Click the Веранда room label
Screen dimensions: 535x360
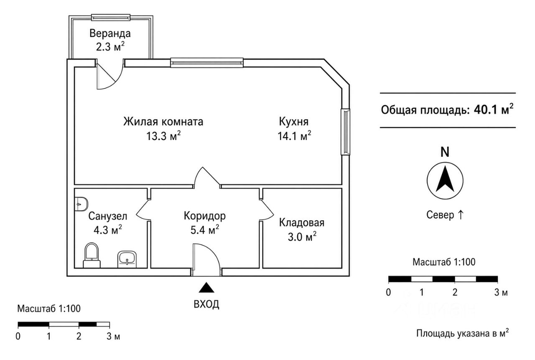110,33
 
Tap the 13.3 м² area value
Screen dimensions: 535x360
163,136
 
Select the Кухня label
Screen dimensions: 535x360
294,122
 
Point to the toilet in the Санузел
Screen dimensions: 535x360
92,255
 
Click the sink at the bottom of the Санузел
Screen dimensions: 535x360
127,259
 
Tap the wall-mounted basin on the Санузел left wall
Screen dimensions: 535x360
81,204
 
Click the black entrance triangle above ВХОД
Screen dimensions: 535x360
206,288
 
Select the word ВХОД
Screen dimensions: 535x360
206,304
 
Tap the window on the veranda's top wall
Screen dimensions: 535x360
111,18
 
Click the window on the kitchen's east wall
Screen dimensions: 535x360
345,132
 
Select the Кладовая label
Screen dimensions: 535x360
302,222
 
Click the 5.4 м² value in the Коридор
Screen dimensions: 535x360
205,230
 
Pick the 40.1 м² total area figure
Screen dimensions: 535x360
494,110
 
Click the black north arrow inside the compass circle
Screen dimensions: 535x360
445,179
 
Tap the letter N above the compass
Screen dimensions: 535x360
445,152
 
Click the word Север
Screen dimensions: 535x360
440,215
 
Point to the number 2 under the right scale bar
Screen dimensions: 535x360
455,292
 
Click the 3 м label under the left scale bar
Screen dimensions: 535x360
113,336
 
